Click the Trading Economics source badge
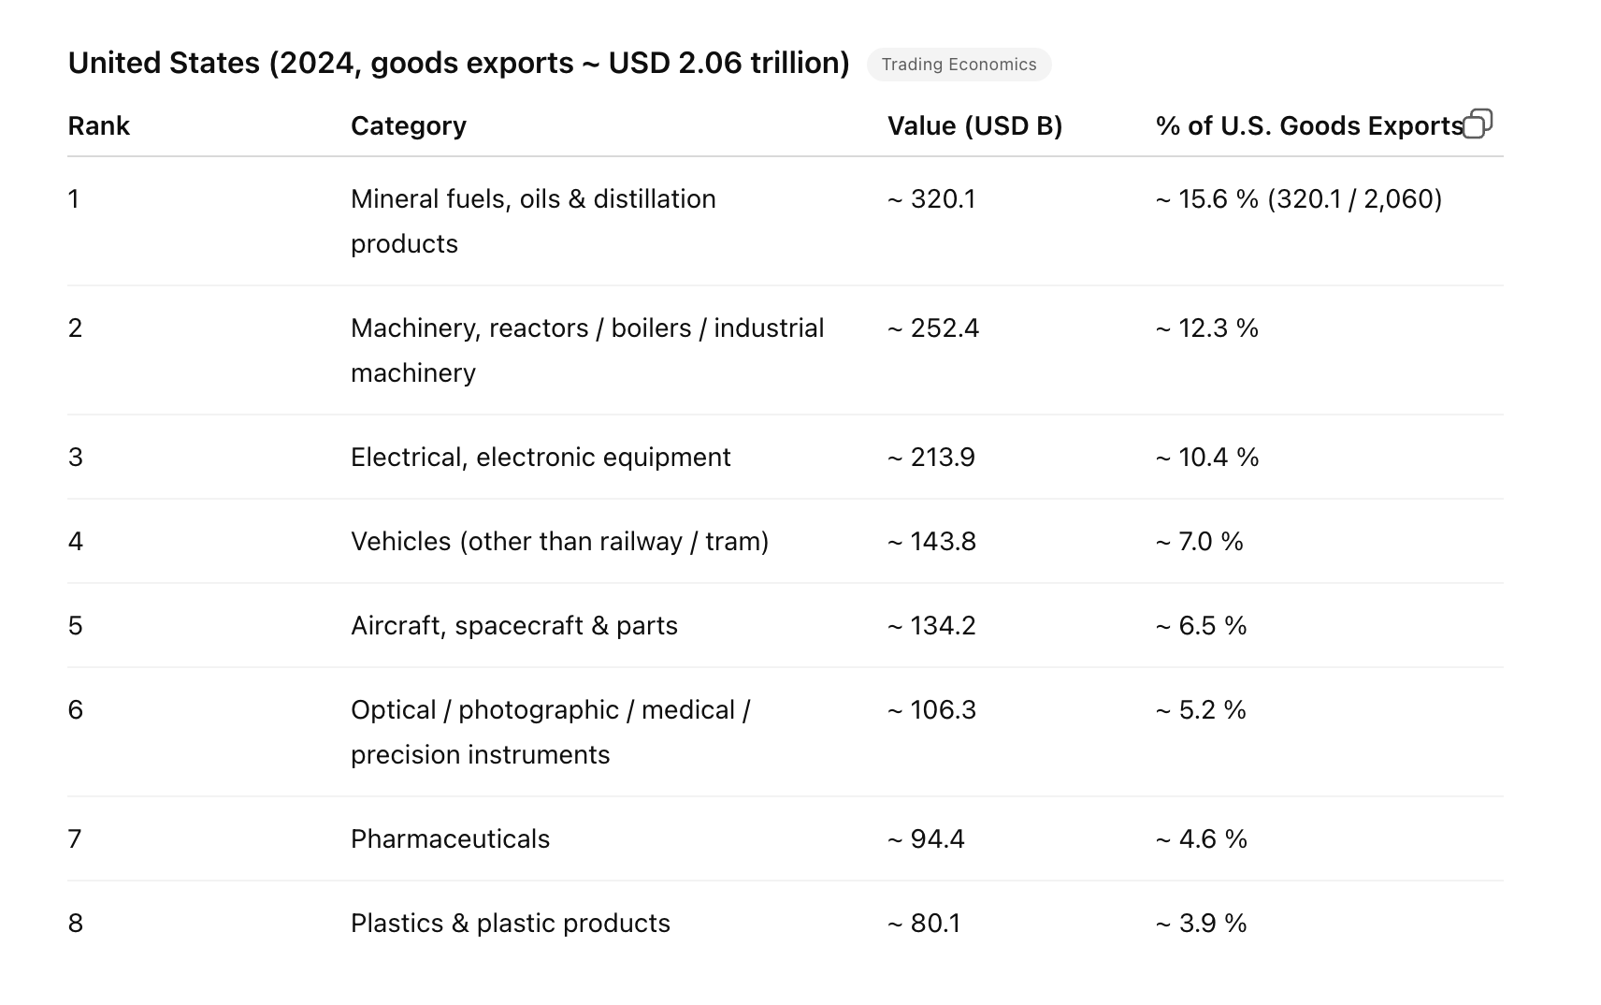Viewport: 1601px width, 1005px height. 959,65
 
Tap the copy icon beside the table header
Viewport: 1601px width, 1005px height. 1477,124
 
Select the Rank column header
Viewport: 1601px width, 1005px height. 98,126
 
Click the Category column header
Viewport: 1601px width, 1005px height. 408,126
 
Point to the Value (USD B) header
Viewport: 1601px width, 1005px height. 974,126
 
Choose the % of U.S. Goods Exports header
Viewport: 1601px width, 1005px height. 1308,126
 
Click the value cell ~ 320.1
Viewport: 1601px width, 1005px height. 930,199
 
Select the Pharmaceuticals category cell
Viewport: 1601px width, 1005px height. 450,839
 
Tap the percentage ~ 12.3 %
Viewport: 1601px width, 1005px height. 1206,328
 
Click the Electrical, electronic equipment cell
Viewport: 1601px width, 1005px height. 541,458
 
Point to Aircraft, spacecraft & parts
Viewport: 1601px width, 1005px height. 513,626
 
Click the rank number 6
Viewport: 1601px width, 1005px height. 76,710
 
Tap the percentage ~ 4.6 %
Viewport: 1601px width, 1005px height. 1201,839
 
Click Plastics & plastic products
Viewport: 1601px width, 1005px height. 510,924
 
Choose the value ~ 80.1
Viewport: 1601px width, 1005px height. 923,924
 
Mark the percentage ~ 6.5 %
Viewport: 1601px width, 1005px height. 1201,626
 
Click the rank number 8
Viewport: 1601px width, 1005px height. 76,924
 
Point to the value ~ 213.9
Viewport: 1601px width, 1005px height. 930,458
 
